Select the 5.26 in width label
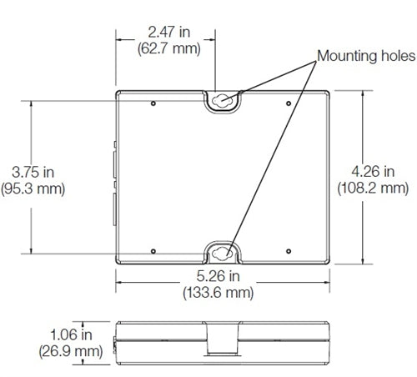220,276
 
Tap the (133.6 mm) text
220,292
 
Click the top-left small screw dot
156,103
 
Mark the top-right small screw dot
288,103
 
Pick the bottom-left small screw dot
156,249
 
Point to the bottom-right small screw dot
288,249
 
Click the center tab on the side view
221,342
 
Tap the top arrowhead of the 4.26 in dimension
363,93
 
